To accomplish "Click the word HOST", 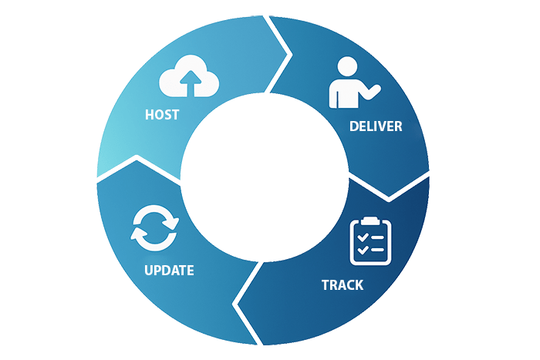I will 162,115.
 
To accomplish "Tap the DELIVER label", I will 376,126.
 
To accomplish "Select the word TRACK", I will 342,285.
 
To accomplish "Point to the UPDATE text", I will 169,271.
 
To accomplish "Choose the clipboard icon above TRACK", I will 370,241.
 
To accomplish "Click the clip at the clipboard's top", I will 370,221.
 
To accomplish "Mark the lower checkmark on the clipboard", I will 362,251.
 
